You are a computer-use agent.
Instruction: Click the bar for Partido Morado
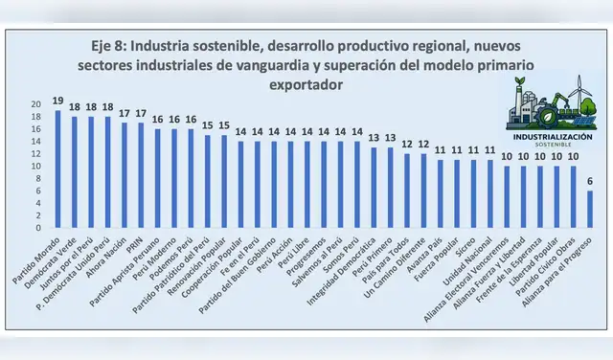[x=57, y=169]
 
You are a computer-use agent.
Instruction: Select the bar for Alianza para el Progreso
[x=589, y=210]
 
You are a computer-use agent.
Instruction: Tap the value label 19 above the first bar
[x=57, y=101]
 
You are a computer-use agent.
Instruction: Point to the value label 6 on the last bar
[x=589, y=182]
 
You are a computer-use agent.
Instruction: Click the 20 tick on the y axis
[x=36, y=103]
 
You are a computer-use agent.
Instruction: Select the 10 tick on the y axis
[x=36, y=167]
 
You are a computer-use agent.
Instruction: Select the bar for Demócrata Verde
[x=75, y=172]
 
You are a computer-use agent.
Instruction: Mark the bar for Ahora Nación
[x=125, y=175]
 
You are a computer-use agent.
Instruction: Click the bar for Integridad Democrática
[x=374, y=188]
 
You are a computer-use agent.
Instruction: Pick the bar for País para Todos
[x=407, y=191]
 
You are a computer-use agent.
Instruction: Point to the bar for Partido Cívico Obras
[x=573, y=197]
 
